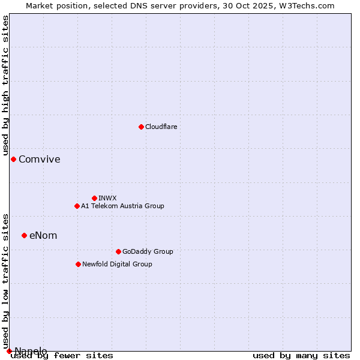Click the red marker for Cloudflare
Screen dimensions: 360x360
pyautogui.click(x=141, y=127)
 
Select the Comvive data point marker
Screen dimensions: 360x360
pyautogui.click(x=13, y=159)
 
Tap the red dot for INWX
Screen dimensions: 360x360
pyautogui.click(x=94, y=198)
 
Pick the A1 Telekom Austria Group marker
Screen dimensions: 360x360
pyautogui.click(x=77, y=206)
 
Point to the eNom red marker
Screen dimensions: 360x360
pyautogui.click(x=24, y=235)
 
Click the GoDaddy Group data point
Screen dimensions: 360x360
pyautogui.click(x=118, y=251)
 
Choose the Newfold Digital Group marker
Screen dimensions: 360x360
pyautogui.click(x=78, y=264)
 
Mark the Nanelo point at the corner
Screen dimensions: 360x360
pyautogui.click(x=9, y=351)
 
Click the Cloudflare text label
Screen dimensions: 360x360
pyautogui.click(x=161, y=127)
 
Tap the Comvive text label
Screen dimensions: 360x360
pyautogui.click(x=40, y=159)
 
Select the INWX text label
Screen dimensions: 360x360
pyautogui.click(x=108, y=198)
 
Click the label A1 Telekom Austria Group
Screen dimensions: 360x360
pyautogui.click(x=123, y=206)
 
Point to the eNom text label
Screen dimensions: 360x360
pyautogui.click(x=43, y=235)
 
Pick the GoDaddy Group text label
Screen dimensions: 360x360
pyautogui.click(x=148, y=251)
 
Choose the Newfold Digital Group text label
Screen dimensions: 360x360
pyautogui.click(x=118, y=264)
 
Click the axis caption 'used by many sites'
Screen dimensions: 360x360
pyautogui.click(x=301, y=356)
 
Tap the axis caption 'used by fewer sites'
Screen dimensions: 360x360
pyautogui.click(x=62, y=356)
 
